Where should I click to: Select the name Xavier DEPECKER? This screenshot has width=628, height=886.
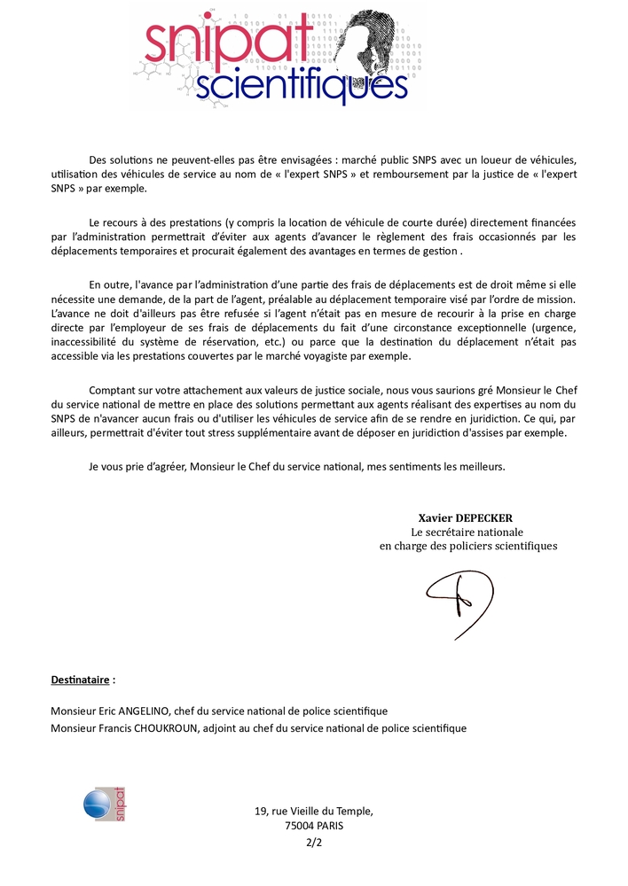(466, 518)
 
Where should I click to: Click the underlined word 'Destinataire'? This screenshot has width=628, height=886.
(81, 680)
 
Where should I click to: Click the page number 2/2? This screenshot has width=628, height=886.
(314, 842)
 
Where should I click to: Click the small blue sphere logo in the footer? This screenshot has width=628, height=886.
(96, 804)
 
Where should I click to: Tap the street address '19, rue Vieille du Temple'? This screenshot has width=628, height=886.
(314, 810)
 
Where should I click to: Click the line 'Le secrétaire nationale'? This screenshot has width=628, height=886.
(467, 532)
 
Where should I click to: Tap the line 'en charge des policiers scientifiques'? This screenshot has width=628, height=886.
(468, 546)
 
